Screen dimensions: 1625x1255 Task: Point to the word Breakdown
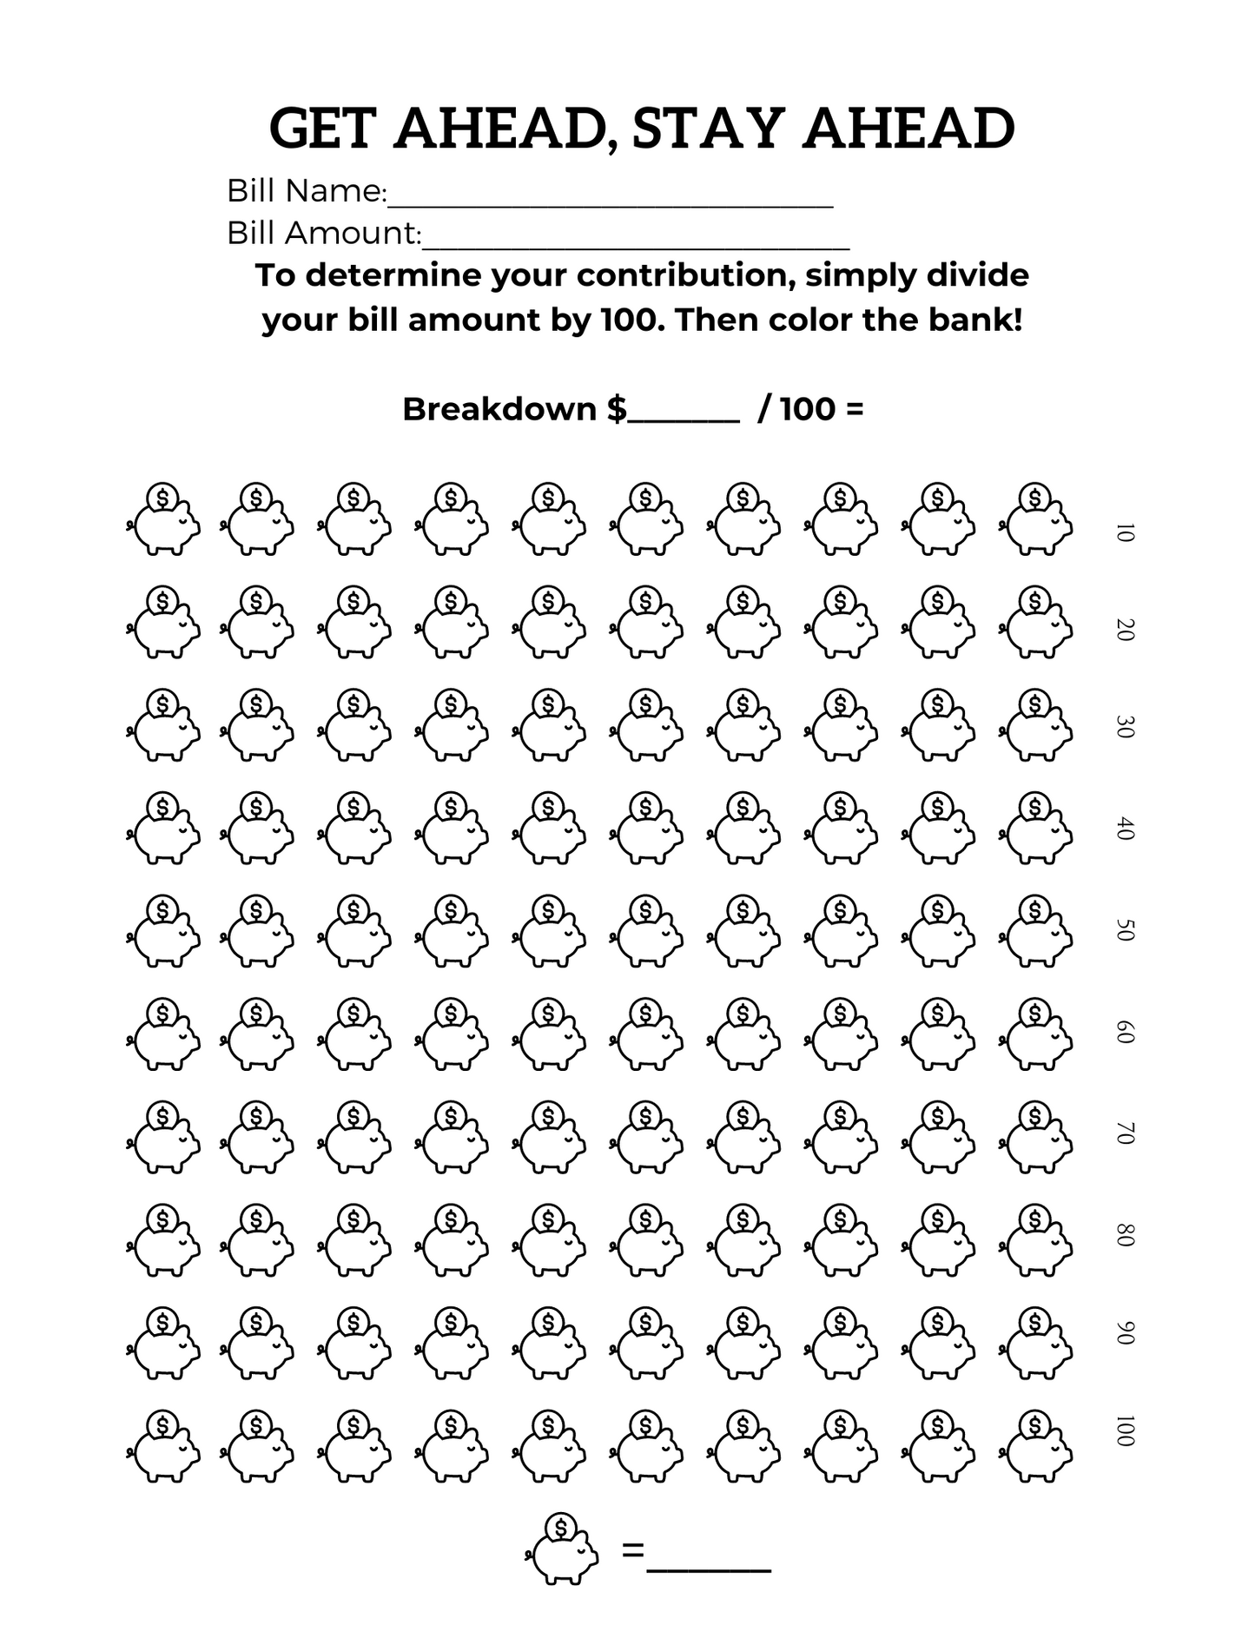[501, 409]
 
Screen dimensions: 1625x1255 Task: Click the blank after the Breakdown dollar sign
[683, 415]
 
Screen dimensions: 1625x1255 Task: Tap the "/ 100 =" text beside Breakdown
[810, 409]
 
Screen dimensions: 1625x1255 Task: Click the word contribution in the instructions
[685, 275]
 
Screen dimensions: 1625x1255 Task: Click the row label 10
[1125, 532]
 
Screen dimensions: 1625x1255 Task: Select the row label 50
[1125, 931]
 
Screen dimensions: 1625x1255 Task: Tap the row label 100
[1125, 1431]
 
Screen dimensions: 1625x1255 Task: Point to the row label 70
[1125, 1133]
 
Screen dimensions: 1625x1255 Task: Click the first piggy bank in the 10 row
[163, 519]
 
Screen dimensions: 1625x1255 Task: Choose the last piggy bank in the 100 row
[1036, 1447]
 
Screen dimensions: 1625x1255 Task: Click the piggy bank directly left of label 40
[1036, 829]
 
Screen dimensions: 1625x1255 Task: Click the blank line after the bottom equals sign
[709, 1569]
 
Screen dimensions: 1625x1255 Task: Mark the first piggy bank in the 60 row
[163, 1034]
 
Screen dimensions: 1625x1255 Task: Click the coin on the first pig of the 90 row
[162, 1322]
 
